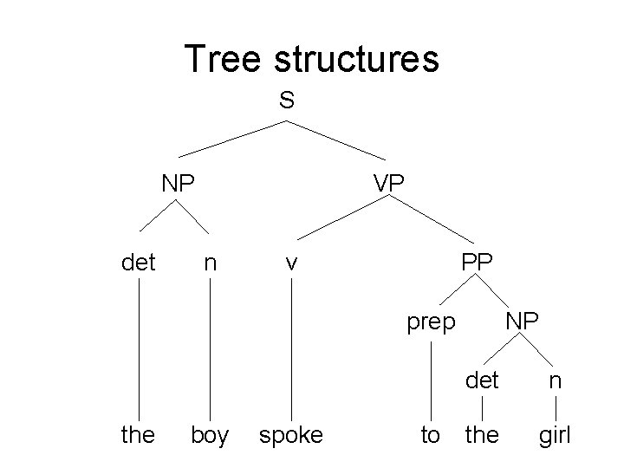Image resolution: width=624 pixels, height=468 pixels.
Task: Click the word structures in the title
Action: click(356, 58)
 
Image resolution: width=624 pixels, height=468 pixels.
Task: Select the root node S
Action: click(287, 101)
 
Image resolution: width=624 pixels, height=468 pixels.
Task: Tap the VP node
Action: click(393, 183)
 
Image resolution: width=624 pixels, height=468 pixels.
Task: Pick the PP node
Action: click(478, 260)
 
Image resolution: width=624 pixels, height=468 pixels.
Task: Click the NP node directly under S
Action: click(178, 183)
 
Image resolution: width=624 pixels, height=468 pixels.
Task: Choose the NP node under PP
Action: click(522, 321)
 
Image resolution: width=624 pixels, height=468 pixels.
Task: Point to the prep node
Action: click(432, 323)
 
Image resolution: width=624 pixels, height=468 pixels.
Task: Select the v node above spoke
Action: click(292, 261)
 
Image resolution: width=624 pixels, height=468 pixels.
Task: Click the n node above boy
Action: click(210, 261)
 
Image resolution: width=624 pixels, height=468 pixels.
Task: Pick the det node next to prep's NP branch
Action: click(482, 379)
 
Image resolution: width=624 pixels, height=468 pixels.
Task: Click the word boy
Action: click(210, 435)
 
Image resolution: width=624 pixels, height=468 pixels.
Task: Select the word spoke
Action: click(291, 435)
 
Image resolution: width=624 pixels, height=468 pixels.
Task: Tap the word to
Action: click(431, 435)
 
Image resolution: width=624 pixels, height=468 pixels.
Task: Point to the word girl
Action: click(555, 435)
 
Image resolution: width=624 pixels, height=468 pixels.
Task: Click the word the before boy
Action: click(138, 435)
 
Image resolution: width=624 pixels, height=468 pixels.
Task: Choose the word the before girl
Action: click(482, 435)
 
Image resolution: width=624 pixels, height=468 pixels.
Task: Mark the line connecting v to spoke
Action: click(291, 347)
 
